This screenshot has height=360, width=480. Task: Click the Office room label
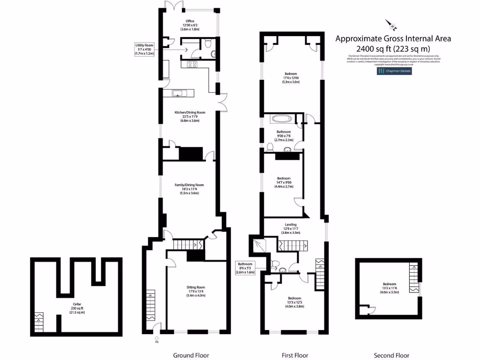(190, 25)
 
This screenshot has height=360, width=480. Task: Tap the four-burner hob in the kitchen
(192, 64)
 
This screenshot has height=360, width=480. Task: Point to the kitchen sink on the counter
(179, 93)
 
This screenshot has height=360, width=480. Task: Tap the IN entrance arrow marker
(157, 339)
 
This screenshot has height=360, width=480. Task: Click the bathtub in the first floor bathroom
(281, 119)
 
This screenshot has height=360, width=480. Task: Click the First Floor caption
(294, 355)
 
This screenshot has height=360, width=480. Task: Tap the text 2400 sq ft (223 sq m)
(393, 48)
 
